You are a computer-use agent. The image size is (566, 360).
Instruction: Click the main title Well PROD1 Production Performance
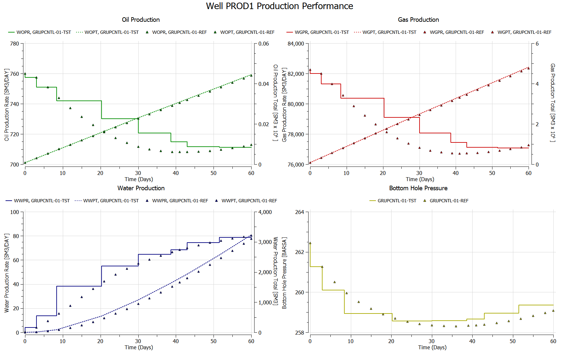(279, 6)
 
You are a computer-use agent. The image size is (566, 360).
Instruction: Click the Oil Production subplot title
(141, 20)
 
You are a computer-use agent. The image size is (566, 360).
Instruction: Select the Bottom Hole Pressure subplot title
(418, 188)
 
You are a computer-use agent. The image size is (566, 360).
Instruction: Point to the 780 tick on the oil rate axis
(15, 44)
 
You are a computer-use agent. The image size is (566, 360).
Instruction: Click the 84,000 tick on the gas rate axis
(296, 44)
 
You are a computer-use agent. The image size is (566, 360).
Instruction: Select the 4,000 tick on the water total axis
(265, 212)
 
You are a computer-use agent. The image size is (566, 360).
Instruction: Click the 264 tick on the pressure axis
(299, 212)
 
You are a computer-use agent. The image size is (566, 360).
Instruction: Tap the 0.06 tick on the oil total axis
(264, 44)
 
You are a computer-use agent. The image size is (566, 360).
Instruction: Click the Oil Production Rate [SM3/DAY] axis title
(7, 105)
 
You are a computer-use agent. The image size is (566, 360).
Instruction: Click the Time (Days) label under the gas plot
(420, 179)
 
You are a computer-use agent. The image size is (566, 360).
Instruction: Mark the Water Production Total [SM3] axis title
(275, 271)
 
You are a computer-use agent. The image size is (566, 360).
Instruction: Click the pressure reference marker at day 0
(310, 243)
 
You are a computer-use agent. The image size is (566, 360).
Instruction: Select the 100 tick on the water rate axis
(15, 212)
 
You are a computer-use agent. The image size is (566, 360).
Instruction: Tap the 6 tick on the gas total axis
(537, 44)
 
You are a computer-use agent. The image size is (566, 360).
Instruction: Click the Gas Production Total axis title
(553, 102)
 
